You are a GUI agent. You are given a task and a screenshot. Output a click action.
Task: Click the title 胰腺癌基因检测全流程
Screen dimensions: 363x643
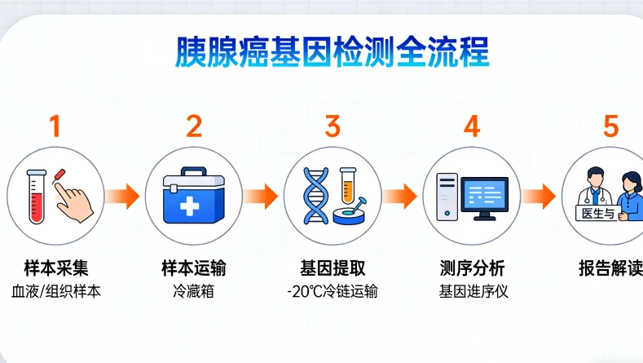333,52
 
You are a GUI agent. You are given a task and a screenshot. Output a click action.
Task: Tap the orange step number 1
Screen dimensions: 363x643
55,126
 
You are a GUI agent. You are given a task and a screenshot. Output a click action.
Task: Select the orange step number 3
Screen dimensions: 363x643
333,126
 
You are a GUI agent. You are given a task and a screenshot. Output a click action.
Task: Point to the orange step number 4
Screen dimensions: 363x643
472,126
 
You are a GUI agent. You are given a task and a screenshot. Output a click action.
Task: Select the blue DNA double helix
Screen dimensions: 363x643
315,196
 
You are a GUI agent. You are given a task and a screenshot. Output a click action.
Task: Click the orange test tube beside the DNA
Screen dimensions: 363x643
348,185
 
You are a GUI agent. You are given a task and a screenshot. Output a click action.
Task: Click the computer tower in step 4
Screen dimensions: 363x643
446,196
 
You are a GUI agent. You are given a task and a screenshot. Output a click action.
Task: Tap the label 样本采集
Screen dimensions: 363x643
55,268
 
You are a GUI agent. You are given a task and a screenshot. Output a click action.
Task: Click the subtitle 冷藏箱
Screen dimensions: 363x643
193,291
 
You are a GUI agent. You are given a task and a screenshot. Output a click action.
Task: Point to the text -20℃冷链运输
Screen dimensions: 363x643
333,291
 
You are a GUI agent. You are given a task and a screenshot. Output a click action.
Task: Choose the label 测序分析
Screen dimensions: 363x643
472,268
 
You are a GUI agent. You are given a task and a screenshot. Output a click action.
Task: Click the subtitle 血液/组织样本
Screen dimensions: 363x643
55,291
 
